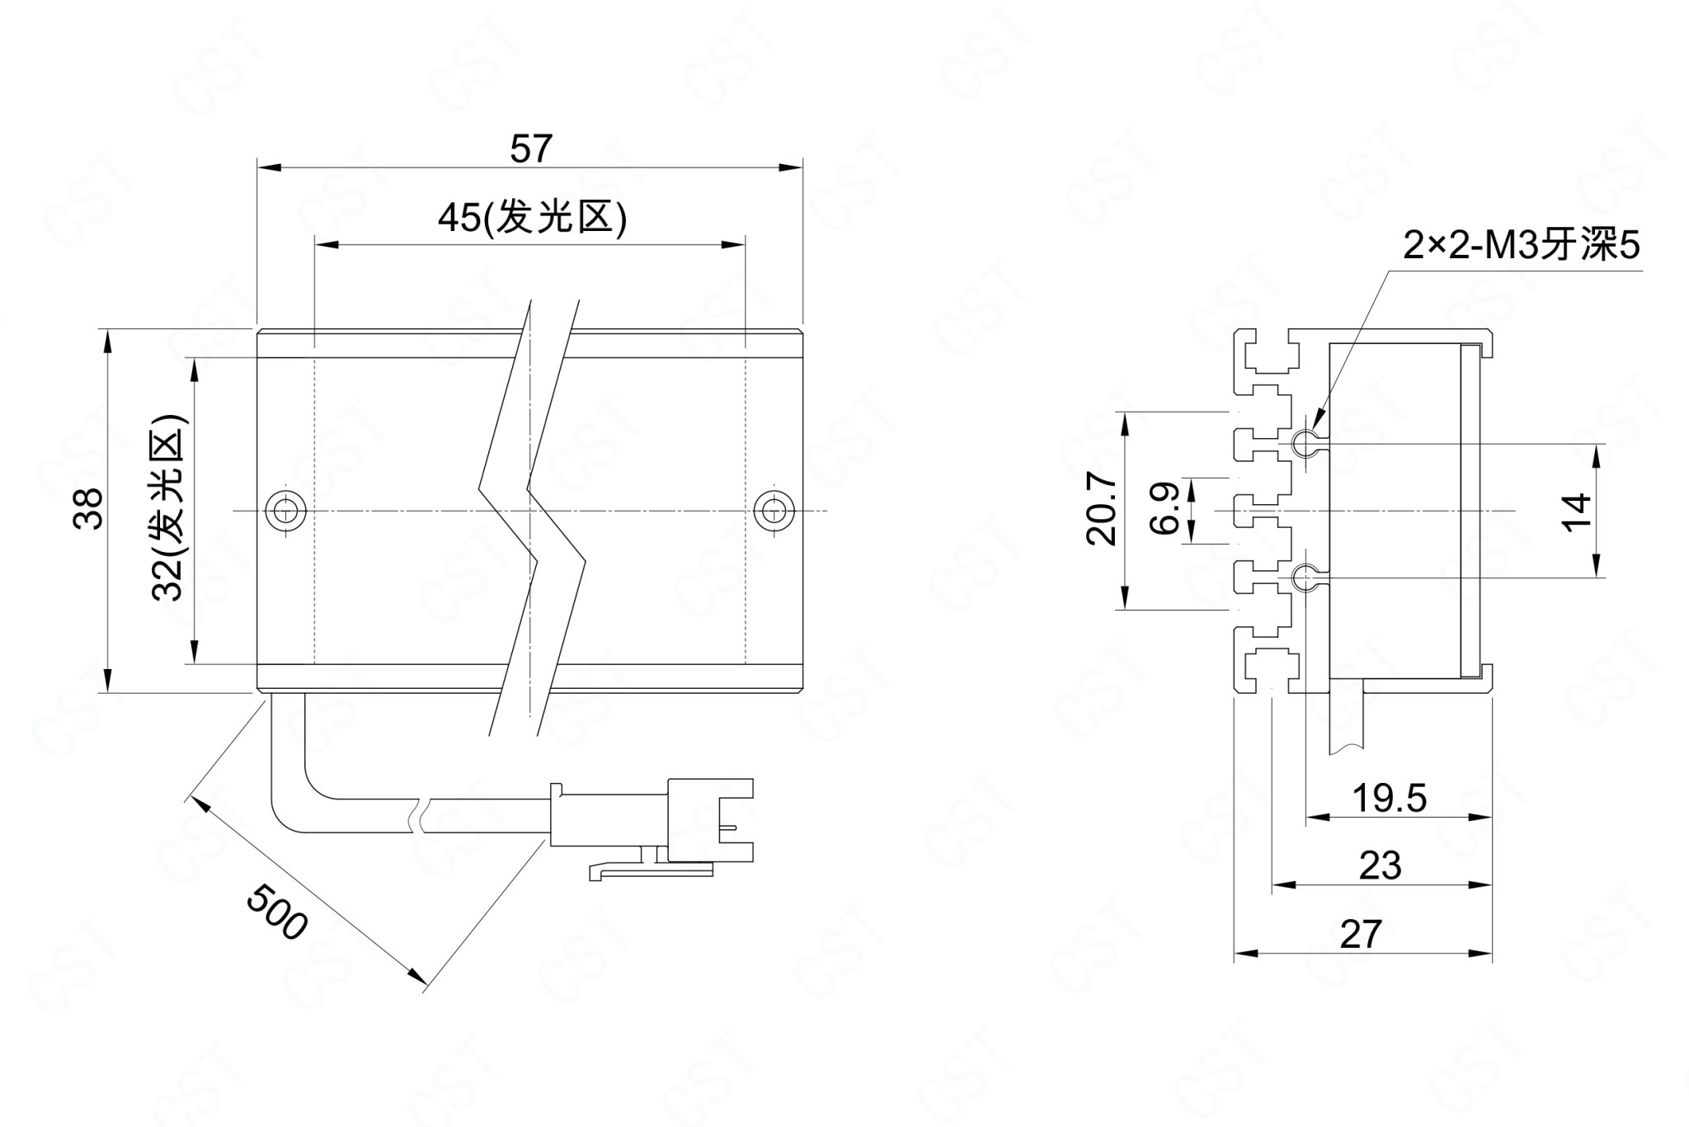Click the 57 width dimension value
coord(529,149)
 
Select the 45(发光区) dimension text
coord(532,219)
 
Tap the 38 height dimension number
coord(89,508)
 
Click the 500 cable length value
coord(277,911)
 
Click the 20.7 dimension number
coord(1101,509)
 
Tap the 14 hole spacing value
coord(1576,512)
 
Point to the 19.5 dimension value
coord(1389,798)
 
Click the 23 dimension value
coord(1380,865)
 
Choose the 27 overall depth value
coord(1360,934)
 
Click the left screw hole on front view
coord(285,510)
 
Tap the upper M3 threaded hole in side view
coord(1306,443)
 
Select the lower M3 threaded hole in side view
coord(1306,577)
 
